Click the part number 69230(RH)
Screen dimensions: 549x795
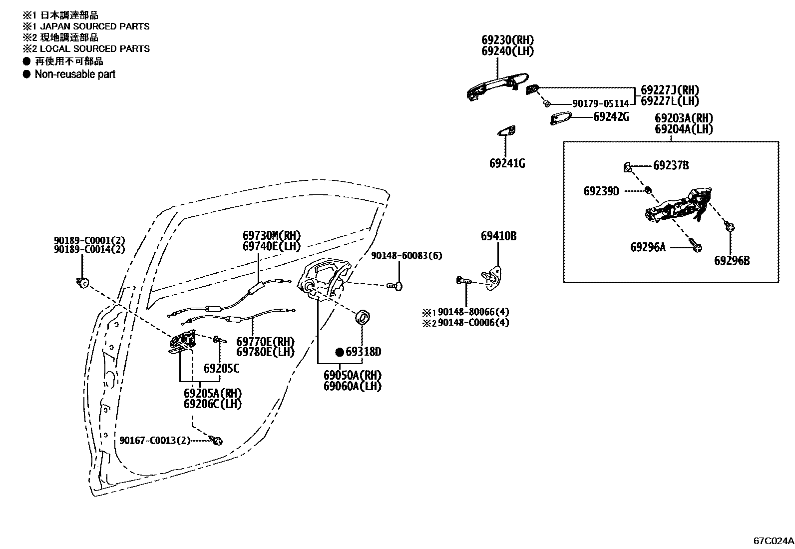click(x=507, y=40)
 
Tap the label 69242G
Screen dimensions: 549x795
click(x=611, y=117)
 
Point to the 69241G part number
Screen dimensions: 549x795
click(x=507, y=163)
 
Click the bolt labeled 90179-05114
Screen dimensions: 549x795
click(x=546, y=103)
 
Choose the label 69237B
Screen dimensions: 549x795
click(x=671, y=165)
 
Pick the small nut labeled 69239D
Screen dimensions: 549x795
click(x=647, y=190)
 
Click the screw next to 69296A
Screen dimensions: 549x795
click(x=696, y=245)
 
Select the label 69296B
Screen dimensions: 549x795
click(x=732, y=261)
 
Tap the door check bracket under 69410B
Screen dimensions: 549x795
click(x=491, y=276)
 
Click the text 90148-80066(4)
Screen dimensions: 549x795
click(x=473, y=312)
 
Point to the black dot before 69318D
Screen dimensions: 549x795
click(x=339, y=352)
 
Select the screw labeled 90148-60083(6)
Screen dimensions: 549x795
click(x=395, y=285)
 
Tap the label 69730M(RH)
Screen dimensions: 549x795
click(x=272, y=235)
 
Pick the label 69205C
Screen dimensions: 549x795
click(x=221, y=369)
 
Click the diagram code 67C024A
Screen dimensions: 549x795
click(x=773, y=541)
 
